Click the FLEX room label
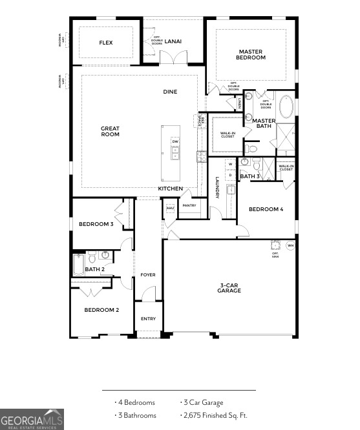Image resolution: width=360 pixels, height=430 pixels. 106,43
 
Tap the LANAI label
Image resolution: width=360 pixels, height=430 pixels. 173,41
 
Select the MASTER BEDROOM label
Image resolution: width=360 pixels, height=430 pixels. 252,54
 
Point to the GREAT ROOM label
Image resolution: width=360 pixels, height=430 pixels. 111,131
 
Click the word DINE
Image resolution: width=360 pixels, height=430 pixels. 170,92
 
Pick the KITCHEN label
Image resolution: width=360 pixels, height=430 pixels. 171,189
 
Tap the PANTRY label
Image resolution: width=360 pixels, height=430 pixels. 189,205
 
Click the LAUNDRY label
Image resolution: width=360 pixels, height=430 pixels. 217,188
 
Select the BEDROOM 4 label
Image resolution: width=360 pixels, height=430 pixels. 266,209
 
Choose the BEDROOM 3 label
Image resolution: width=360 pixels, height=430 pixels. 96,224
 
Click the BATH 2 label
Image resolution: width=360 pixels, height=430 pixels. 94,269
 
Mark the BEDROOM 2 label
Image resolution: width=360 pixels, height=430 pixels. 101,310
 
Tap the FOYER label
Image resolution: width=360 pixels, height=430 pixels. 148,275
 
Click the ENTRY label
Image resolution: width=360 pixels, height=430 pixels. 148,318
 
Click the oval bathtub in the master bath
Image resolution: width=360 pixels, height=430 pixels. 285,107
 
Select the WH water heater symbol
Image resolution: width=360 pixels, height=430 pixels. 290,246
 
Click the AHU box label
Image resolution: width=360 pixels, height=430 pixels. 170,208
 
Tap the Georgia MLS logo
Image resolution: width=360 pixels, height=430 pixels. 32,419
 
